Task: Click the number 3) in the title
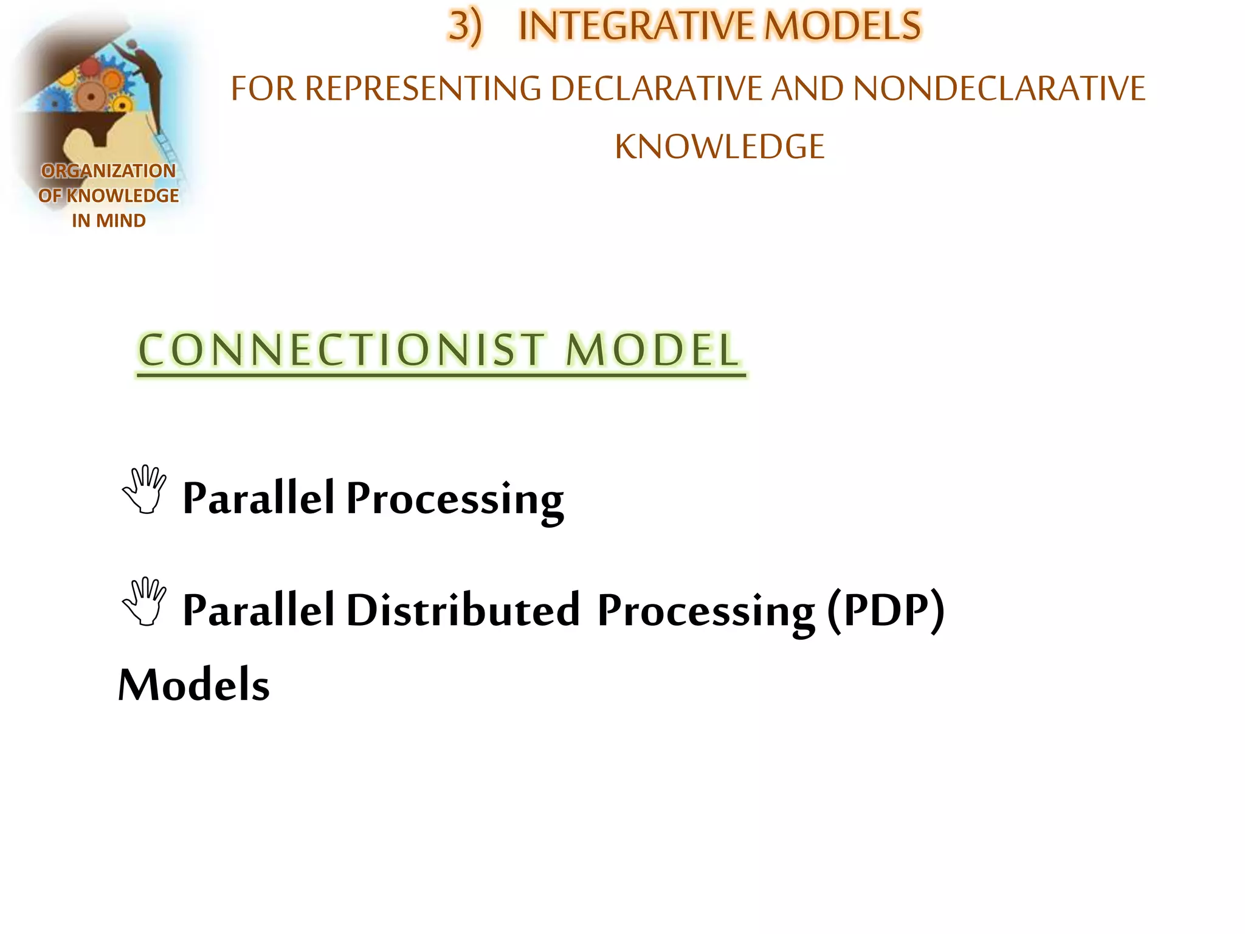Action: click(x=464, y=27)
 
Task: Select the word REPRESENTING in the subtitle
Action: click(x=422, y=89)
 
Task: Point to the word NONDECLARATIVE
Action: click(x=999, y=89)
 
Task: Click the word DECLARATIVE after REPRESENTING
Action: click(x=656, y=89)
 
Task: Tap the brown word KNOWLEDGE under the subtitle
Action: click(x=719, y=147)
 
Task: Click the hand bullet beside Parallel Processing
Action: click(x=145, y=490)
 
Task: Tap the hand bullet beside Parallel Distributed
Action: click(x=145, y=601)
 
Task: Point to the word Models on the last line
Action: click(x=193, y=685)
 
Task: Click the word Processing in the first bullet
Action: click(x=455, y=499)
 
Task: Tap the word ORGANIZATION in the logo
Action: click(x=108, y=171)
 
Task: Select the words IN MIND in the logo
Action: click(x=108, y=220)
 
